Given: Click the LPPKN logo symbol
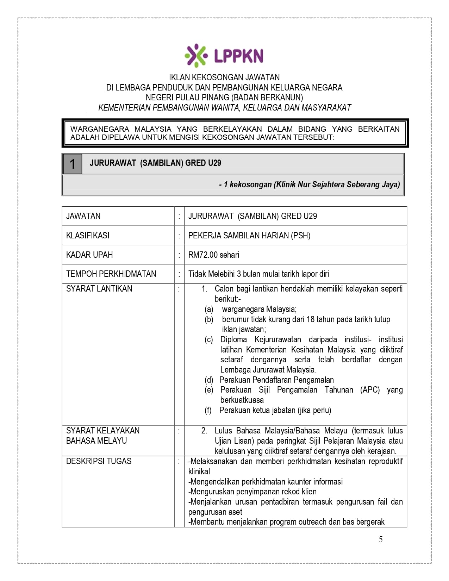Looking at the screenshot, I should point(196,55).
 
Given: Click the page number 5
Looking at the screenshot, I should point(381,539).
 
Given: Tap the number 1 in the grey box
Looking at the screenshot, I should point(73,164).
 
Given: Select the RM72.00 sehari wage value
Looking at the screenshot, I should point(213,255).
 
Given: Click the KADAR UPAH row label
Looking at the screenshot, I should point(89,255).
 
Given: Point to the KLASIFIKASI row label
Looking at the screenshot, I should point(88,235).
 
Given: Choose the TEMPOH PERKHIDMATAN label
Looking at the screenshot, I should point(111,274).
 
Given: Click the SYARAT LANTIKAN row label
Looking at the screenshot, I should point(99,289).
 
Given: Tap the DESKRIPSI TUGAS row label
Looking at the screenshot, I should point(99,461).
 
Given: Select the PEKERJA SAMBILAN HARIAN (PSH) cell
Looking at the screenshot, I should point(249,235).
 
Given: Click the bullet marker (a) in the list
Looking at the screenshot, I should point(209,309).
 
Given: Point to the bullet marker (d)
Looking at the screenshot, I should point(209,380).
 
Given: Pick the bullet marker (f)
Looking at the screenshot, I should point(208,410).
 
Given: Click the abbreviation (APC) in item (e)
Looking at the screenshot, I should point(370,390).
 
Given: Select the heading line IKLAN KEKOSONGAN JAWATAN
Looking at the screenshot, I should point(224,77).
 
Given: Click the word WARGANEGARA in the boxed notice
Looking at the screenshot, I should point(100,129).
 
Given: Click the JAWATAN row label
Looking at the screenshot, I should point(83,216).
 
